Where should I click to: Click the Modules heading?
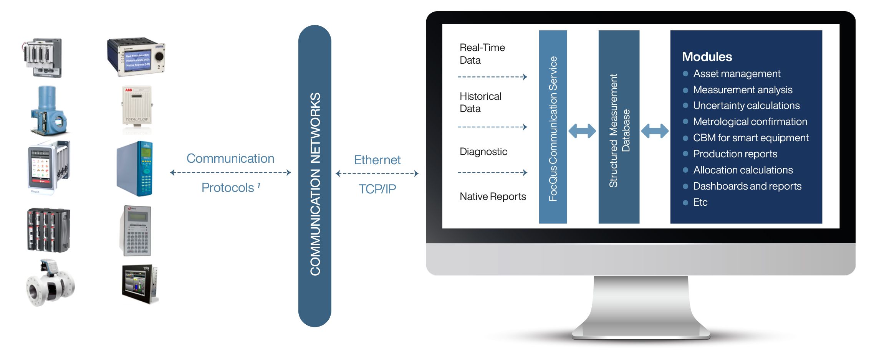(707, 57)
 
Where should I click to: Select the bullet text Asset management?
(737, 74)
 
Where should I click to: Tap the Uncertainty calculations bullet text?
(746, 106)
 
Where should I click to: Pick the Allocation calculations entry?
(743, 170)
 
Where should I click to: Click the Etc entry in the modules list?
(700, 202)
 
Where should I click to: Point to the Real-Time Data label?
(482, 54)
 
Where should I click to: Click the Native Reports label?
(493, 197)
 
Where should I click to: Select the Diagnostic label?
(483, 152)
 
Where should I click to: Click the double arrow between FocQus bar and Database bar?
(582, 131)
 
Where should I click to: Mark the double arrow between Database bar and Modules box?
(655, 131)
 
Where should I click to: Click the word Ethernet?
(377, 160)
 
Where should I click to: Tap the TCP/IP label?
(377, 189)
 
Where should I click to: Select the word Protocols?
(228, 188)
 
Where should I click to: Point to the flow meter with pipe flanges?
(50, 284)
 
